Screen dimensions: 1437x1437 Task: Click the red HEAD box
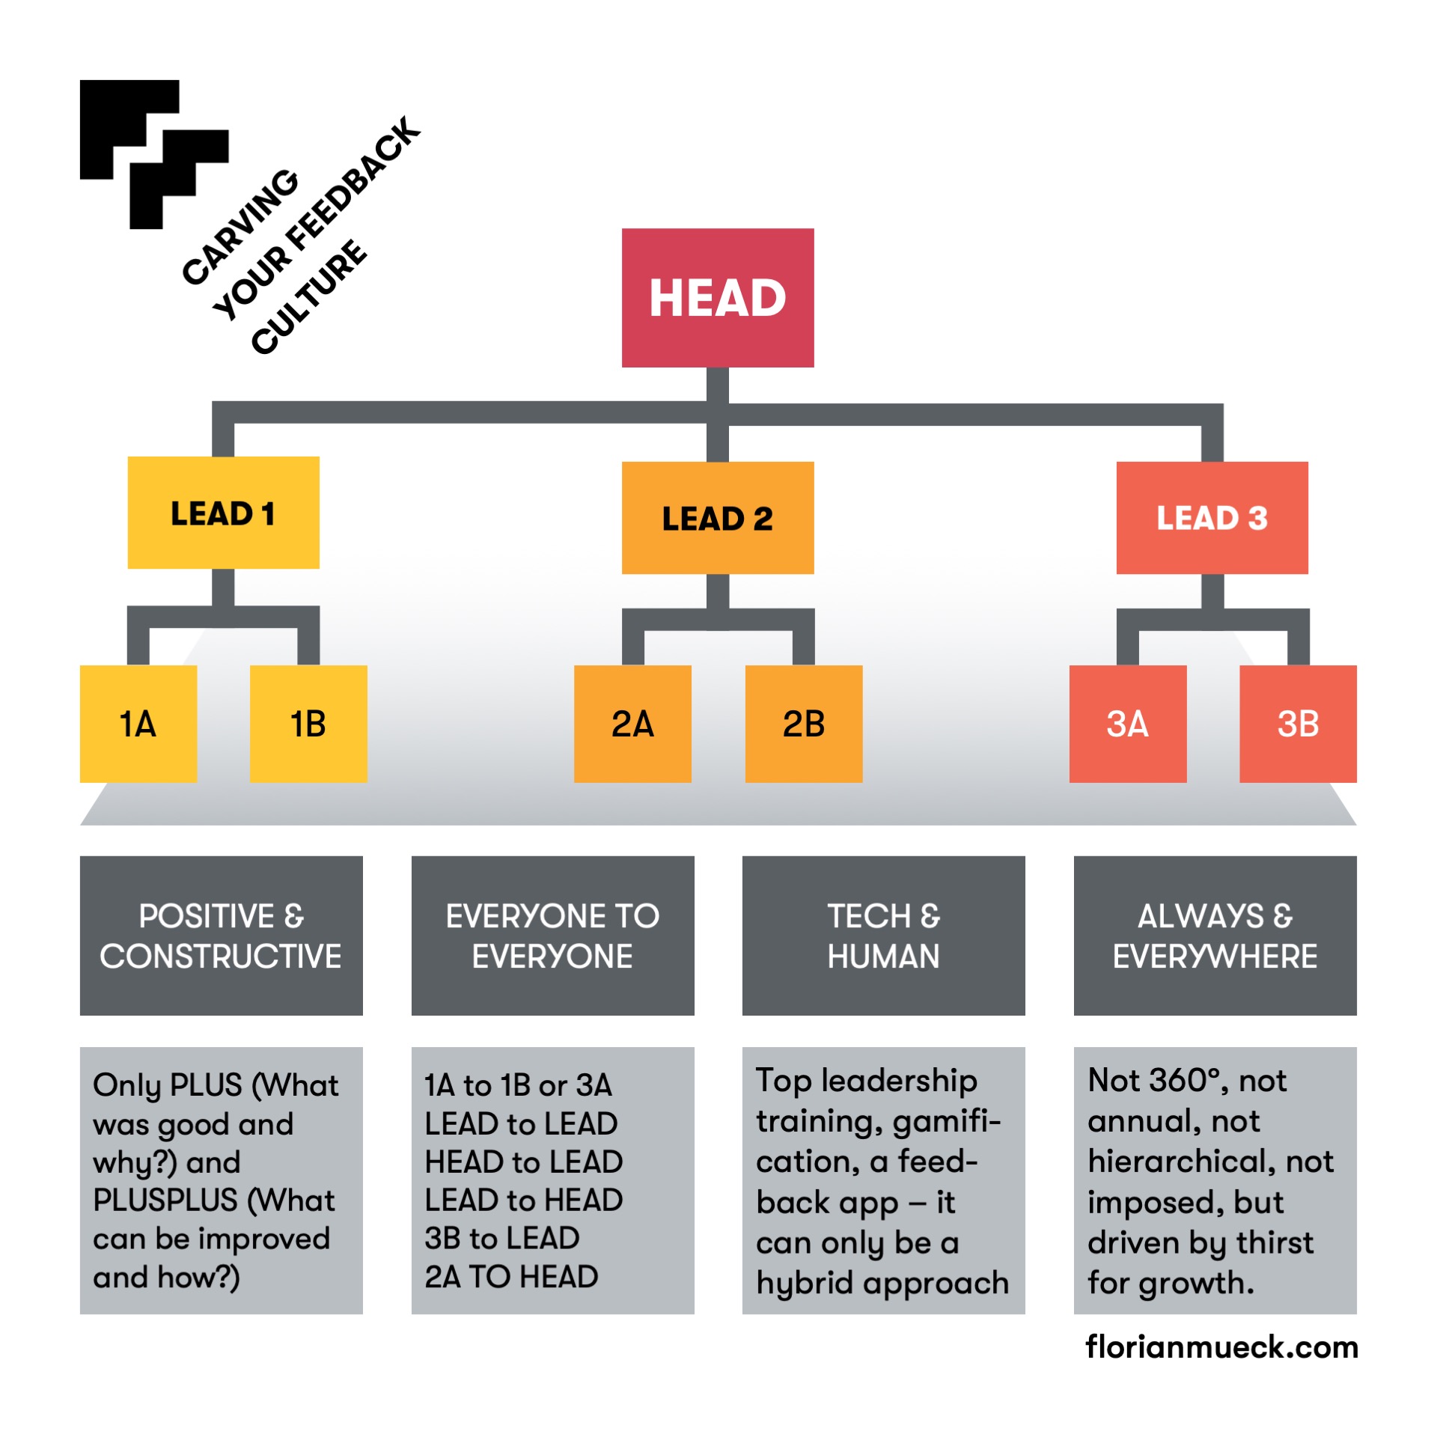[717, 297]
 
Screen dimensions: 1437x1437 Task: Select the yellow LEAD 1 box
[223, 513]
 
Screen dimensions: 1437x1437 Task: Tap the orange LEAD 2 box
[717, 518]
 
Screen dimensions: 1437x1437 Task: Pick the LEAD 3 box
[1211, 518]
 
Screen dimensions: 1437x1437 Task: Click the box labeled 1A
[138, 723]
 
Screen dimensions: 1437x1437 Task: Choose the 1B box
[308, 723]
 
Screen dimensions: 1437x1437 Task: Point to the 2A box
[632, 723]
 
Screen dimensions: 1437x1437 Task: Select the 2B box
[803, 723]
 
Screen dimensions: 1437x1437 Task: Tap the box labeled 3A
[1127, 723]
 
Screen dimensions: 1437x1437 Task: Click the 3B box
[1297, 723]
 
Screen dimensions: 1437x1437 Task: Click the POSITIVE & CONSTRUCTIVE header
[221, 935]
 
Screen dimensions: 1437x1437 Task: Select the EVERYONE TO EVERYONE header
[552, 935]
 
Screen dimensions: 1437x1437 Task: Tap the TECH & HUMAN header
[883, 935]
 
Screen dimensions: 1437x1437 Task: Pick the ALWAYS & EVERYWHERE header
[1215, 935]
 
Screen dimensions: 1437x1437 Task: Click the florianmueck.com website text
[1221, 1346]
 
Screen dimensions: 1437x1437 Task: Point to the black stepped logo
[153, 153]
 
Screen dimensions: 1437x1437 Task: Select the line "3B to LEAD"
[502, 1239]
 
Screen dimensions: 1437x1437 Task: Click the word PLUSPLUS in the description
[165, 1200]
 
